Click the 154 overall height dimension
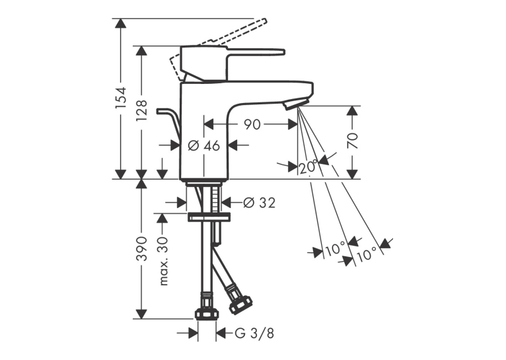(121, 98)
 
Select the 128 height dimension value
(141, 110)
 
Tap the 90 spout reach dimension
(252, 124)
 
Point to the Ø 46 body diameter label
(203, 146)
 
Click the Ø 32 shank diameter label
(259, 203)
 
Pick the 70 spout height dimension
(353, 140)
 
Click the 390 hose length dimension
(141, 249)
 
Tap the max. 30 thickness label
(164, 262)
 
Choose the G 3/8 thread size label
(254, 333)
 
